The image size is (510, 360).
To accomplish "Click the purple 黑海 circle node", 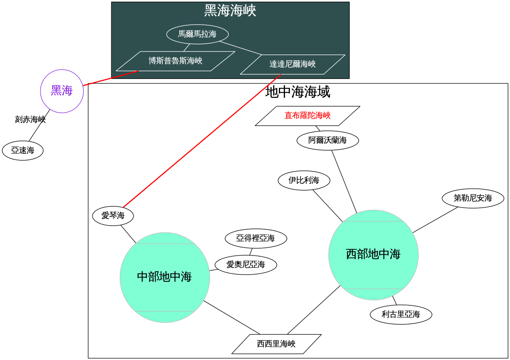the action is (62, 91).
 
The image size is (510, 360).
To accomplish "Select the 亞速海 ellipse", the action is (23, 151).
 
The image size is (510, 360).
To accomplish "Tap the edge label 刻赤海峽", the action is (30, 119).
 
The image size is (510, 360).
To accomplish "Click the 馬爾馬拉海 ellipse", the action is (198, 34).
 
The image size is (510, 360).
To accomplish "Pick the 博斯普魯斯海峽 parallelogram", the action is (175, 61).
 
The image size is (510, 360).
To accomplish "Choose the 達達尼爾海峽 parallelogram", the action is (293, 64).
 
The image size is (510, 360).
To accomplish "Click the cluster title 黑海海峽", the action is (230, 11).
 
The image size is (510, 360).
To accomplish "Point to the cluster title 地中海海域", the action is (297, 92).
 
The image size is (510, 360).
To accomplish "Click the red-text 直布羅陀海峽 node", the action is (308, 116).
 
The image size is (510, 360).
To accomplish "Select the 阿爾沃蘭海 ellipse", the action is (328, 141).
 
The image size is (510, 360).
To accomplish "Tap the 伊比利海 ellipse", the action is (304, 180).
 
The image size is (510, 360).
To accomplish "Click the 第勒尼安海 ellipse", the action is (473, 198).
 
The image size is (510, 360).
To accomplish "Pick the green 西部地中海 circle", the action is (373, 255).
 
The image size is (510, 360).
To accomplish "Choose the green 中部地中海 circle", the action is (165, 277).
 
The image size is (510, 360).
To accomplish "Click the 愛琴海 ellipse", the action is (113, 216).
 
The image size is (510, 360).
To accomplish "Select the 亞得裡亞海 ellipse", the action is (256, 238).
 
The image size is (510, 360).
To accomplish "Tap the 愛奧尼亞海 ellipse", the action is (246, 265).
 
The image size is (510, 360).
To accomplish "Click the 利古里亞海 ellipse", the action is (401, 314).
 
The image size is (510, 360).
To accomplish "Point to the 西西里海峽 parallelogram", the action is (276, 344).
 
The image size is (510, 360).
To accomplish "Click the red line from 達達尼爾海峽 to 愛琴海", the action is (202, 141).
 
